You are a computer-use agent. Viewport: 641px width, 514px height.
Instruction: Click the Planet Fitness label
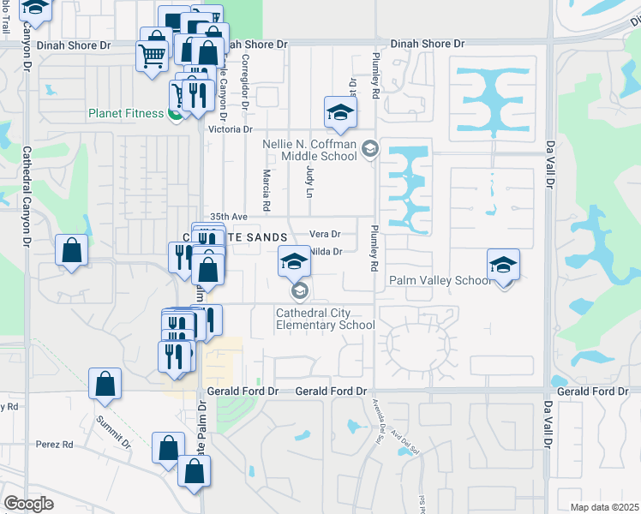125,113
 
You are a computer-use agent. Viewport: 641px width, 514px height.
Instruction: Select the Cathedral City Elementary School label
325,319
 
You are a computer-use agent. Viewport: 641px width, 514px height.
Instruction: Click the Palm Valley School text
440,280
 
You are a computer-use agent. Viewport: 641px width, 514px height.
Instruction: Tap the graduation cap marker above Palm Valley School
503,265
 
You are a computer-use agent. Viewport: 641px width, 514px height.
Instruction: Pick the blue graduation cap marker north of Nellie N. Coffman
340,112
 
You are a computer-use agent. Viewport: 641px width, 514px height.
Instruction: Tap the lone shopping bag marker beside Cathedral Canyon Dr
72,251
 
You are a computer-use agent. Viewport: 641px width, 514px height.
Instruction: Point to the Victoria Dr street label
231,129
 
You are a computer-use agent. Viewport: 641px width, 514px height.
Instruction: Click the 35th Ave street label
228,218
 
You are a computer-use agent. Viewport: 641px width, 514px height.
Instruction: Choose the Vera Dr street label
325,234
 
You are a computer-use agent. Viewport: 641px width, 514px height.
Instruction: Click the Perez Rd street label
55,445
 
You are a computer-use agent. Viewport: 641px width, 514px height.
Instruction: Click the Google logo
29,503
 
